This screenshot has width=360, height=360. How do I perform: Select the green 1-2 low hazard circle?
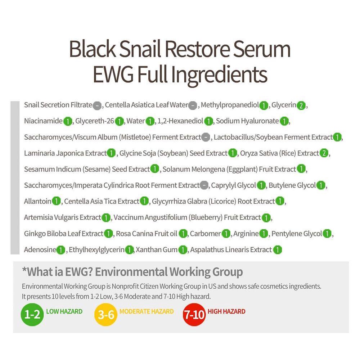point(32,314)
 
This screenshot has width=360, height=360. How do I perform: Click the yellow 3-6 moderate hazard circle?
point(106,314)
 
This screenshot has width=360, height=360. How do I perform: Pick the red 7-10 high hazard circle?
point(194,314)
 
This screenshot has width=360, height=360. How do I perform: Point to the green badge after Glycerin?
point(301,105)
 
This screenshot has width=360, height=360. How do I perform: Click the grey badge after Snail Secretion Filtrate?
point(97,105)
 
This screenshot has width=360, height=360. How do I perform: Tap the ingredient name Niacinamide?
point(43,121)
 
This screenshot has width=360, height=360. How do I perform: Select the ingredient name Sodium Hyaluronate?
point(247,121)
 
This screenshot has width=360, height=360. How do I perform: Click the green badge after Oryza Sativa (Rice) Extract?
point(324,153)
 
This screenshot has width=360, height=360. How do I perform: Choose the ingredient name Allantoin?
point(38,201)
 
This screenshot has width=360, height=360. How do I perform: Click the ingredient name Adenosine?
point(40,249)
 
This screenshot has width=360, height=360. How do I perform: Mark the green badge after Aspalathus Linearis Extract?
point(277,250)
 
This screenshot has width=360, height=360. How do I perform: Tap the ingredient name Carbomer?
point(205,234)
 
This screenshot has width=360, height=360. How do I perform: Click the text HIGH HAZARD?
point(226,311)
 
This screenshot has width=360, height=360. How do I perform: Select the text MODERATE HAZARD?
point(147,311)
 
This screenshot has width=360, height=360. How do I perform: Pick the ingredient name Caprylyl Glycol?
point(233,185)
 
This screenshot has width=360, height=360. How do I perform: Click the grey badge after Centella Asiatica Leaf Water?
point(193,105)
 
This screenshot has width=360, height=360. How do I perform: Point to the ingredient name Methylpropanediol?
point(230,105)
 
